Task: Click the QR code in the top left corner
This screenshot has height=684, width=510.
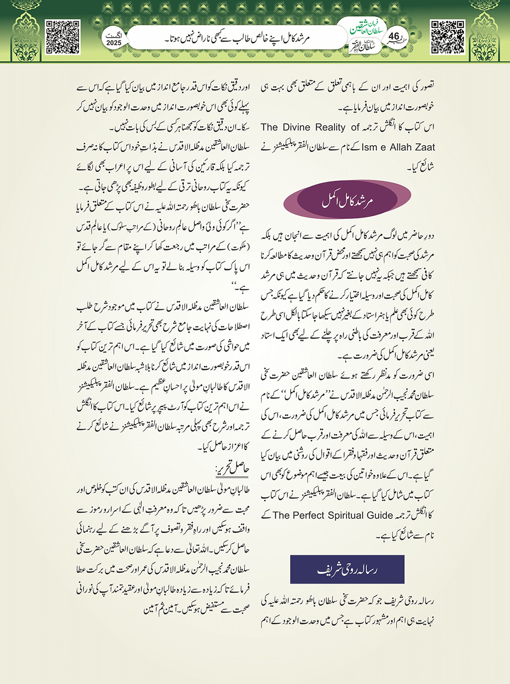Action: (63, 37)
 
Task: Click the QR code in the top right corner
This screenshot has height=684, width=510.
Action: (447, 37)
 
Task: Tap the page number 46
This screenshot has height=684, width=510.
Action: (394, 36)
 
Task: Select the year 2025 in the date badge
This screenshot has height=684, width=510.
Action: (114, 43)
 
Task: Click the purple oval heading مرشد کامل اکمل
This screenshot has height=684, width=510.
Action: (347, 200)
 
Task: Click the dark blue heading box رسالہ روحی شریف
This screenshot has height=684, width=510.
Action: (347, 569)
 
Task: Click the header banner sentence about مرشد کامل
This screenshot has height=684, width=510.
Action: (237, 38)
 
